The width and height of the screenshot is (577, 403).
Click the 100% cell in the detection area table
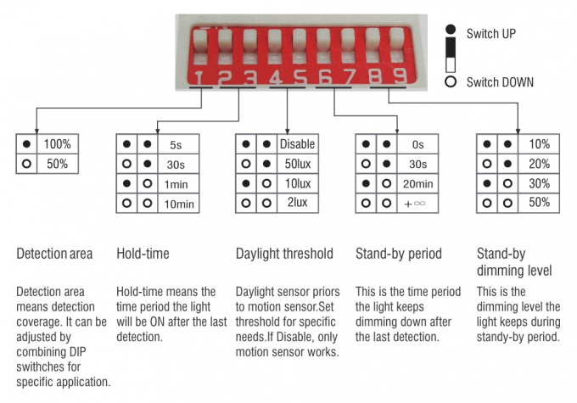tap(58, 144)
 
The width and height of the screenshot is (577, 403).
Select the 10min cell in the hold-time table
tap(178, 204)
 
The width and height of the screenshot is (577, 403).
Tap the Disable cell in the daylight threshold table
tap(297, 144)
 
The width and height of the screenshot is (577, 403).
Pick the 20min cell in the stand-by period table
tap(417, 183)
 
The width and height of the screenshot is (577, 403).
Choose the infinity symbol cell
tap(415, 204)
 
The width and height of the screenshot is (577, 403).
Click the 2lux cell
tap(297, 202)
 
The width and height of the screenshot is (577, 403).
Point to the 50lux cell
tap(297, 164)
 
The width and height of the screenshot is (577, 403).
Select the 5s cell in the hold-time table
tap(176, 144)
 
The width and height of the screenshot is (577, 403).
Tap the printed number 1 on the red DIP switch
tap(199, 78)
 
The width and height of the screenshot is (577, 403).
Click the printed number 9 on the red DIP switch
tap(400, 76)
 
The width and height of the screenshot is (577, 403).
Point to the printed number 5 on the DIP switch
tap(300, 77)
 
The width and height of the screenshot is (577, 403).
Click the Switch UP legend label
tap(491, 34)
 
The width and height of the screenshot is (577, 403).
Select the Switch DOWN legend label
tap(500, 82)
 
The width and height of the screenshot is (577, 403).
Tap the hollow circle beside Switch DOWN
tap(451, 81)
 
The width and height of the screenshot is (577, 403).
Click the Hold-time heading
tap(143, 254)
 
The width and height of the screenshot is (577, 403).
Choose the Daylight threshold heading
tap(284, 254)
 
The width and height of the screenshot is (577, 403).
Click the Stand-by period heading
tap(399, 254)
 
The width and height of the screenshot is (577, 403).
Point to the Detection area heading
tap(54, 254)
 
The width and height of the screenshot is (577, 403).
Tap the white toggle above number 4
tap(275, 42)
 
